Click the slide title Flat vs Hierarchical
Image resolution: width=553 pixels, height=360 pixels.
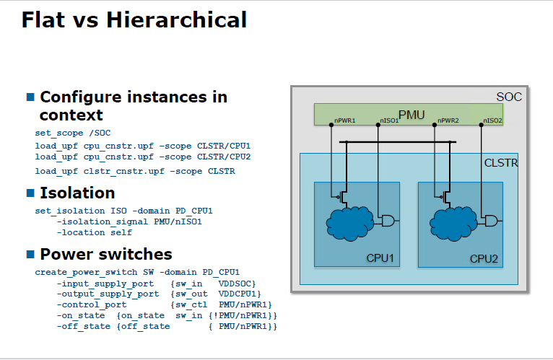134,20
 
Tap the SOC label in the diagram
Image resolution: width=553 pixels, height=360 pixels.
508,97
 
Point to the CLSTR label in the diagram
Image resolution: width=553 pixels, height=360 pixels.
500,164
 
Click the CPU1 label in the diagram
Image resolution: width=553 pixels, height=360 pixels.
380,258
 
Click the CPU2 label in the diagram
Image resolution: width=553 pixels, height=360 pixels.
484,258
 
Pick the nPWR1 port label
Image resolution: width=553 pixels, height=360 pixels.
344,120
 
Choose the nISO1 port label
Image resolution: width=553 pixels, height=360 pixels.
389,120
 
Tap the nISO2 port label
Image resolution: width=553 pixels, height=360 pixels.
492,120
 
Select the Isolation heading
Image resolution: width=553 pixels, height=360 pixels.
77,193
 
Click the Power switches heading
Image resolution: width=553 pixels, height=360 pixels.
105,254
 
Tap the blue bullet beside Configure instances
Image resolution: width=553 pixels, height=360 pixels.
30,97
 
